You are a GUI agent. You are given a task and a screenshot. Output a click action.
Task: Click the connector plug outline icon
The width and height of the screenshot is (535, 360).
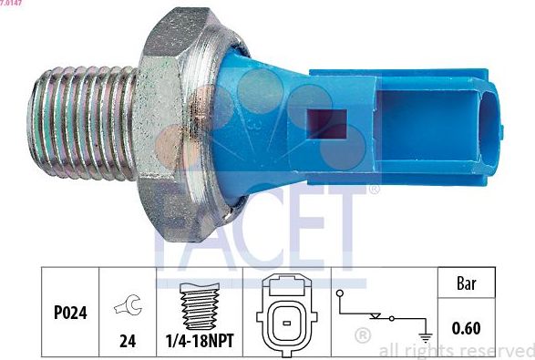(x=286, y=312)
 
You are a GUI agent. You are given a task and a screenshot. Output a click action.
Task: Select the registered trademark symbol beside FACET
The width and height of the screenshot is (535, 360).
(x=373, y=190)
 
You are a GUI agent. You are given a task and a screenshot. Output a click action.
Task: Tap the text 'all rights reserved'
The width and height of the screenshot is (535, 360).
(x=456, y=351)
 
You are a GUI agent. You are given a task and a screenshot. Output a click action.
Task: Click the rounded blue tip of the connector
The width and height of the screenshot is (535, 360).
(x=493, y=124)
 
